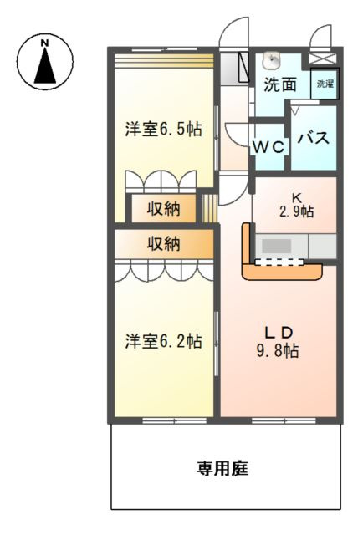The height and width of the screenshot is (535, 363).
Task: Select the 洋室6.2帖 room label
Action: click(163, 341)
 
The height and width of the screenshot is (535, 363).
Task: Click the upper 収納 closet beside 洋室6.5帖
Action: click(164, 209)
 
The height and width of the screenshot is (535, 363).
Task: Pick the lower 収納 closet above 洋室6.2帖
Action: click(164, 244)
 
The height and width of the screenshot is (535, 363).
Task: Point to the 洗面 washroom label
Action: click(280, 84)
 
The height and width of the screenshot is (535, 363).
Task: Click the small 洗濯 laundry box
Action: click(324, 84)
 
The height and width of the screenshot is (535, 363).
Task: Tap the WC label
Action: click(270, 146)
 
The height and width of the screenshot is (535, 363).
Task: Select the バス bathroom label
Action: click(314, 138)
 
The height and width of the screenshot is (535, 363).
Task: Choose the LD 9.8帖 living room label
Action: click(279, 341)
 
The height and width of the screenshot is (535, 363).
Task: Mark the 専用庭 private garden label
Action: click(222, 468)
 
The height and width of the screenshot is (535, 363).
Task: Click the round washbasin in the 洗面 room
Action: click(272, 60)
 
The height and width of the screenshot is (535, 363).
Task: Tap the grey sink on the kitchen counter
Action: click(277, 247)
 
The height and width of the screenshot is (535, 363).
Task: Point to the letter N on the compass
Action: click(45, 41)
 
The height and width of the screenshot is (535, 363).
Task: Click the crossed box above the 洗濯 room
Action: click(321, 59)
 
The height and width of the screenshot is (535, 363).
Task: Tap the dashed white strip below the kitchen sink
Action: click(279, 262)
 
